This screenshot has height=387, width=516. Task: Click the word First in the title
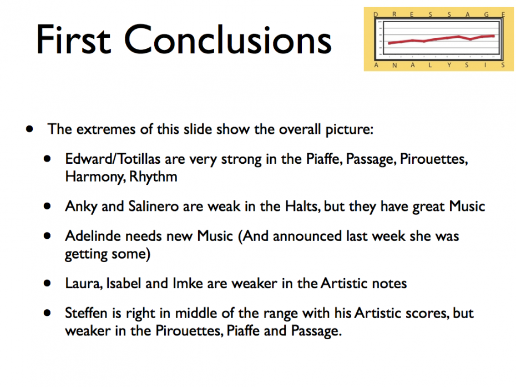point(73,39)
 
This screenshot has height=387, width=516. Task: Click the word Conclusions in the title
point(227,39)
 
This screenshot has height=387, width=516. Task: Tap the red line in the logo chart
point(441,39)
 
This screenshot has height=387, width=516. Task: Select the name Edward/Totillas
point(113,159)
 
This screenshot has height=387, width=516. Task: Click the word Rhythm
point(153,177)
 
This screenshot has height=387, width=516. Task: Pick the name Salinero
point(154,206)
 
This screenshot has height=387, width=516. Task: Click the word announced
point(307,236)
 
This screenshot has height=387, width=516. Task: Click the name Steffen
point(86,313)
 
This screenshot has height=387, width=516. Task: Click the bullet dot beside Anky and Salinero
point(47,207)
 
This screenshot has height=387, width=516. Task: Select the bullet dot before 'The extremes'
point(29,129)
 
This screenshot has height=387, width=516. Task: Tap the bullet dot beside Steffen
point(47,313)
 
